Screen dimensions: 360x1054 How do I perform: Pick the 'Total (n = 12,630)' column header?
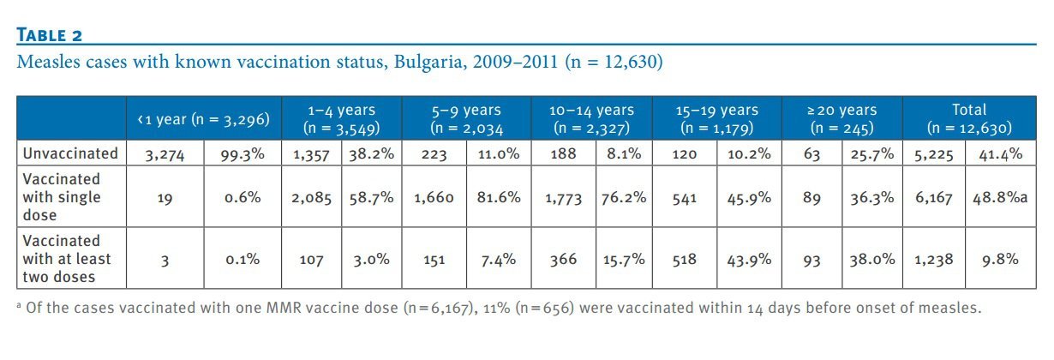(969, 119)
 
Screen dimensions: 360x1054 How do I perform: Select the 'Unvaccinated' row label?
(71, 153)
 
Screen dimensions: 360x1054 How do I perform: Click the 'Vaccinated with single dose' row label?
(62, 197)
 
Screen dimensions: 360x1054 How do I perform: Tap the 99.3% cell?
(243, 154)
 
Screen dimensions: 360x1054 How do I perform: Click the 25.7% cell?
(871, 154)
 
